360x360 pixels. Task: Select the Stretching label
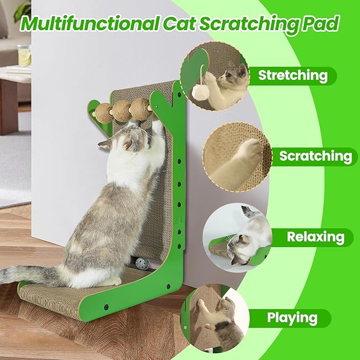pos(293,76)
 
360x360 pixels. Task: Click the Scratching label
pos(315,156)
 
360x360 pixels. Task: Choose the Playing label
pos(292,318)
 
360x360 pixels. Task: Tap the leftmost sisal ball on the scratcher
pos(103,112)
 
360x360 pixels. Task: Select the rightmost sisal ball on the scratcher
pos(140,108)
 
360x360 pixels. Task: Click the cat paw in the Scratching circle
pos(249,152)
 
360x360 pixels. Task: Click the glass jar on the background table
pos(24,56)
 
